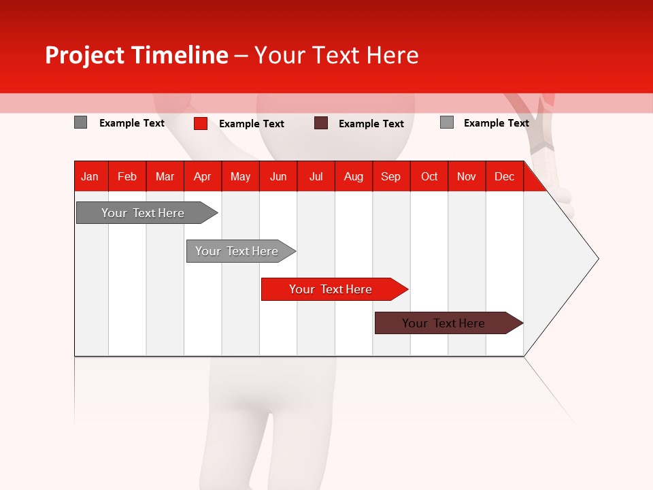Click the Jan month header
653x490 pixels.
click(90, 176)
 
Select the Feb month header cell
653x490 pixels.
click(127, 176)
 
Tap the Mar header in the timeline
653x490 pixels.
click(165, 176)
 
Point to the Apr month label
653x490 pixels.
click(202, 176)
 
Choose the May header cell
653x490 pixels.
click(240, 176)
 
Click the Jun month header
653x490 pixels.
click(278, 176)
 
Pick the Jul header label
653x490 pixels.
click(316, 176)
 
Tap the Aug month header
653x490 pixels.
click(353, 176)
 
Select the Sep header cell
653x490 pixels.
click(390, 176)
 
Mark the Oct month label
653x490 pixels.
click(429, 176)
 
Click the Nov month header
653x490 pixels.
click(467, 176)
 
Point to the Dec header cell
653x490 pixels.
click(504, 176)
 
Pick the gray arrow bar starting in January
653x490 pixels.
click(144, 213)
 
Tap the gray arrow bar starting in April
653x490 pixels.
click(237, 251)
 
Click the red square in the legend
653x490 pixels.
click(201, 123)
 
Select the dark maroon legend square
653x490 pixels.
click(321, 123)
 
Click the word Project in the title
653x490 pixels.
click(84, 55)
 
